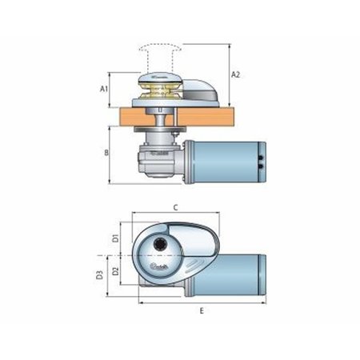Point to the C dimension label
pos(174,206)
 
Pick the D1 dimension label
pos(116,238)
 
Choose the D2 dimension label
pos(116,271)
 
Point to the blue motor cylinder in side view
pos(229,162)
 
